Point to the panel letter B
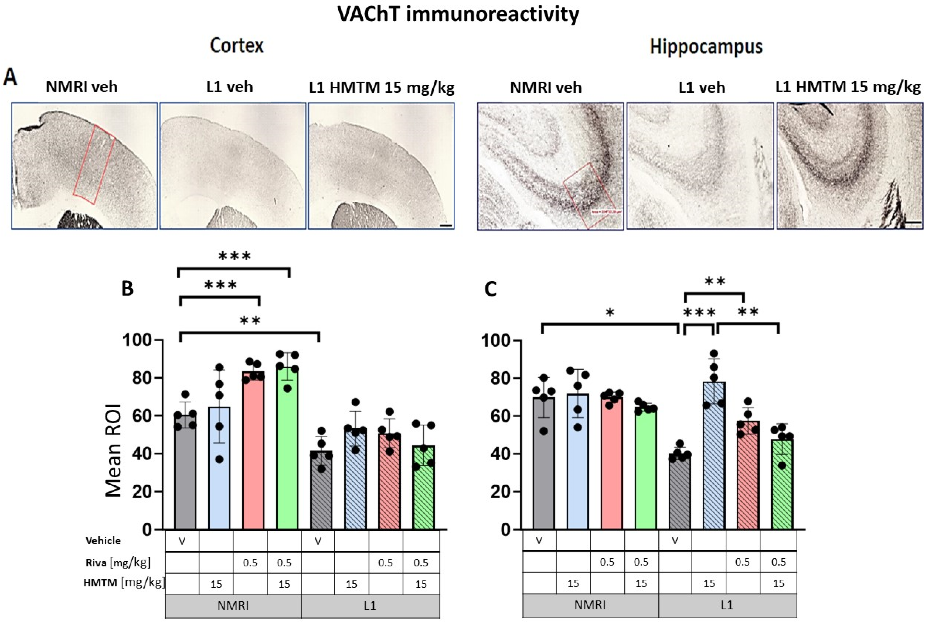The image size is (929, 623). tap(127, 288)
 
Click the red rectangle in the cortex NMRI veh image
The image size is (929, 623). tap(94, 165)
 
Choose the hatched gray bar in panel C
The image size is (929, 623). tap(680, 493)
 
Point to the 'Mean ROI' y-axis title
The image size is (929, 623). tap(114, 451)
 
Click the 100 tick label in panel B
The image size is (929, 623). tap(137, 340)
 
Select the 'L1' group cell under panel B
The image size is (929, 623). tap(370, 605)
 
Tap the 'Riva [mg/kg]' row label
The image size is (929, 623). tap(118, 563)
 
